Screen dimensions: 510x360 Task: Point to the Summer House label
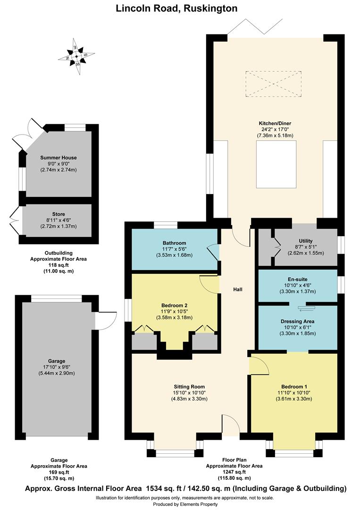(59, 158)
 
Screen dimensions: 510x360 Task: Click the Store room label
(59, 214)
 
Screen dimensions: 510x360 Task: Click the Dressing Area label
(298, 321)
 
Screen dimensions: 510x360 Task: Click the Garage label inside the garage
(56, 361)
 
